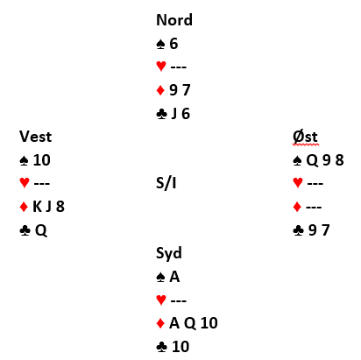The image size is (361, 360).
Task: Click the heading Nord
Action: (x=174, y=20)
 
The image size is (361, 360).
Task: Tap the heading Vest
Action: (x=36, y=137)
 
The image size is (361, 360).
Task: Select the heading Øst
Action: (x=305, y=137)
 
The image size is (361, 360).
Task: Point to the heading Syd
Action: (x=169, y=253)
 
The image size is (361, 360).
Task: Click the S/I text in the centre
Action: (x=166, y=183)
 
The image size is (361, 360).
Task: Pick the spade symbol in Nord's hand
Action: (x=161, y=44)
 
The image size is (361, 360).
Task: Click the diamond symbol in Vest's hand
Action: (x=24, y=207)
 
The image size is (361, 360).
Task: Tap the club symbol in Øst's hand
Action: (x=298, y=230)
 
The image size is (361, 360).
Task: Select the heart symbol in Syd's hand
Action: (x=161, y=300)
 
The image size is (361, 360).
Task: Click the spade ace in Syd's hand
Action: (x=174, y=277)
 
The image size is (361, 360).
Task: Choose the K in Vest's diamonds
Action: (x=38, y=207)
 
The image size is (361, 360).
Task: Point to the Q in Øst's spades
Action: (x=312, y=160)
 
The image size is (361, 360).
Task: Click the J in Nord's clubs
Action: (x=174, y=114)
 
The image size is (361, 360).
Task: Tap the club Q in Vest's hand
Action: (x=41, y=230)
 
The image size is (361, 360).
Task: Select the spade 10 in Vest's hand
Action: (x=42, y=160)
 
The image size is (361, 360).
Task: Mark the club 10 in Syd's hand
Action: (x=180, y=347)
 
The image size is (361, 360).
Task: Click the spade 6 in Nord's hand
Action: (x=173, y=44)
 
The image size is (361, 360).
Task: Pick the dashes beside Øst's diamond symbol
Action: (x=314, y=207)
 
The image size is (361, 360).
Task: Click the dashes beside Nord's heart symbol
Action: (x=179, y=67)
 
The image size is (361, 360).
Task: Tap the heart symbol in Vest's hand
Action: (x=25, y=183)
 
